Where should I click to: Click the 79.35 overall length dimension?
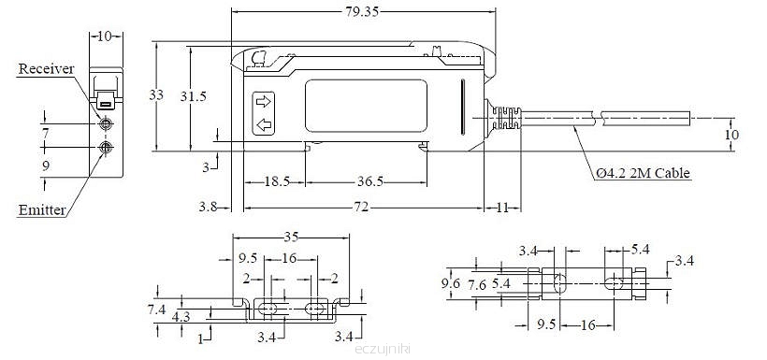[363, 11]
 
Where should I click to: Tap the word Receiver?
[46, 69]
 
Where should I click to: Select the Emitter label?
[41, 210]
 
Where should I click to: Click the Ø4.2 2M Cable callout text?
[643, 173]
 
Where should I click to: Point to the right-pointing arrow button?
[263, 102]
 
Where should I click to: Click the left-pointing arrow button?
[264, 125]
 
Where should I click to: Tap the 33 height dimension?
[156, 95]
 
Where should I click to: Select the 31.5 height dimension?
[194, 96]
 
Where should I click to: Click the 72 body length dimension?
[363, 208]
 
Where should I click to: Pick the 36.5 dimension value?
[369, 182]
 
